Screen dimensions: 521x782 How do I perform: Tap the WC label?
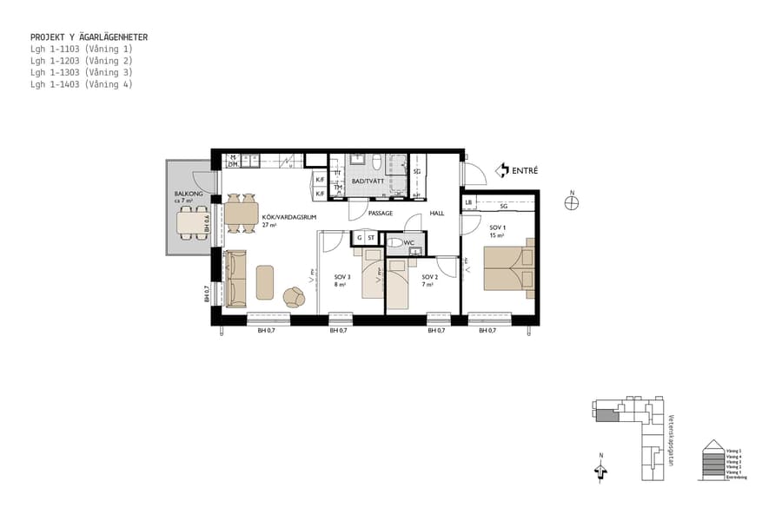click(408, 243)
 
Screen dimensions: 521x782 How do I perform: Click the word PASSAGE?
click(381, 213)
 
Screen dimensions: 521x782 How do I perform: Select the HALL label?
click(436, 213)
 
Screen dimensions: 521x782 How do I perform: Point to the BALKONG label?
click(189, 195)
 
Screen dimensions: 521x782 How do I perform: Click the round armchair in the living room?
click(294, 298)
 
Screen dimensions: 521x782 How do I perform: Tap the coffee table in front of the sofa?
click(266, 282)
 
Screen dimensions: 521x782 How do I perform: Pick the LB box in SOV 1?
click(469, 203)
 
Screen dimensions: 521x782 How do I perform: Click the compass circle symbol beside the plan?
click(571, 203)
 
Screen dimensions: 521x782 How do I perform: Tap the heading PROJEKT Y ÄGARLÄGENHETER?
click(89, 37)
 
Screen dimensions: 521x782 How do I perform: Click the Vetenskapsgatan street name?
click(671, 439)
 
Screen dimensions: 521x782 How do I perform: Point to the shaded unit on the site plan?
click(606, 416)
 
